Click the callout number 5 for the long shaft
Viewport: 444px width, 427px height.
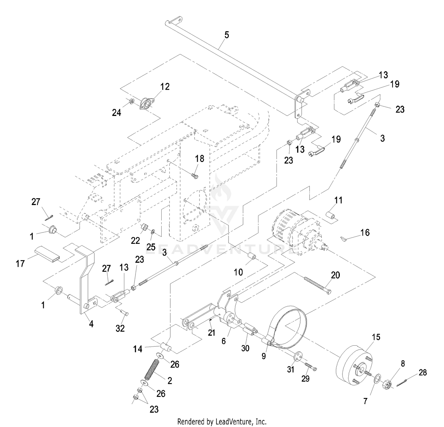226,35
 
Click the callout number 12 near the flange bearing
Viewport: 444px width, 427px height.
165,87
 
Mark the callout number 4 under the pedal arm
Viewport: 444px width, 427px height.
91,324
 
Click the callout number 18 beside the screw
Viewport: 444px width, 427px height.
200,159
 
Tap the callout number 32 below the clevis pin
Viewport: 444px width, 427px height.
120,328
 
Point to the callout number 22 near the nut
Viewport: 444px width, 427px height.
135,240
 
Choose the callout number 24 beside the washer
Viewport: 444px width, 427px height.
116,112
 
